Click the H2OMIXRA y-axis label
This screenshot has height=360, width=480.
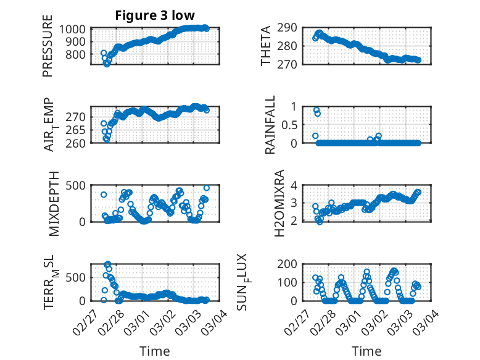click(x=279, y=203)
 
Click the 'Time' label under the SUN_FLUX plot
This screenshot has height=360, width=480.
click(x=366, y=351)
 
